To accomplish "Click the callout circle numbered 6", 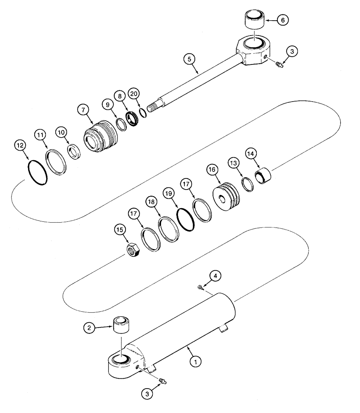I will (x=283, y=19).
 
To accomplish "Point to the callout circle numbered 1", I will (x=197, y=361).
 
